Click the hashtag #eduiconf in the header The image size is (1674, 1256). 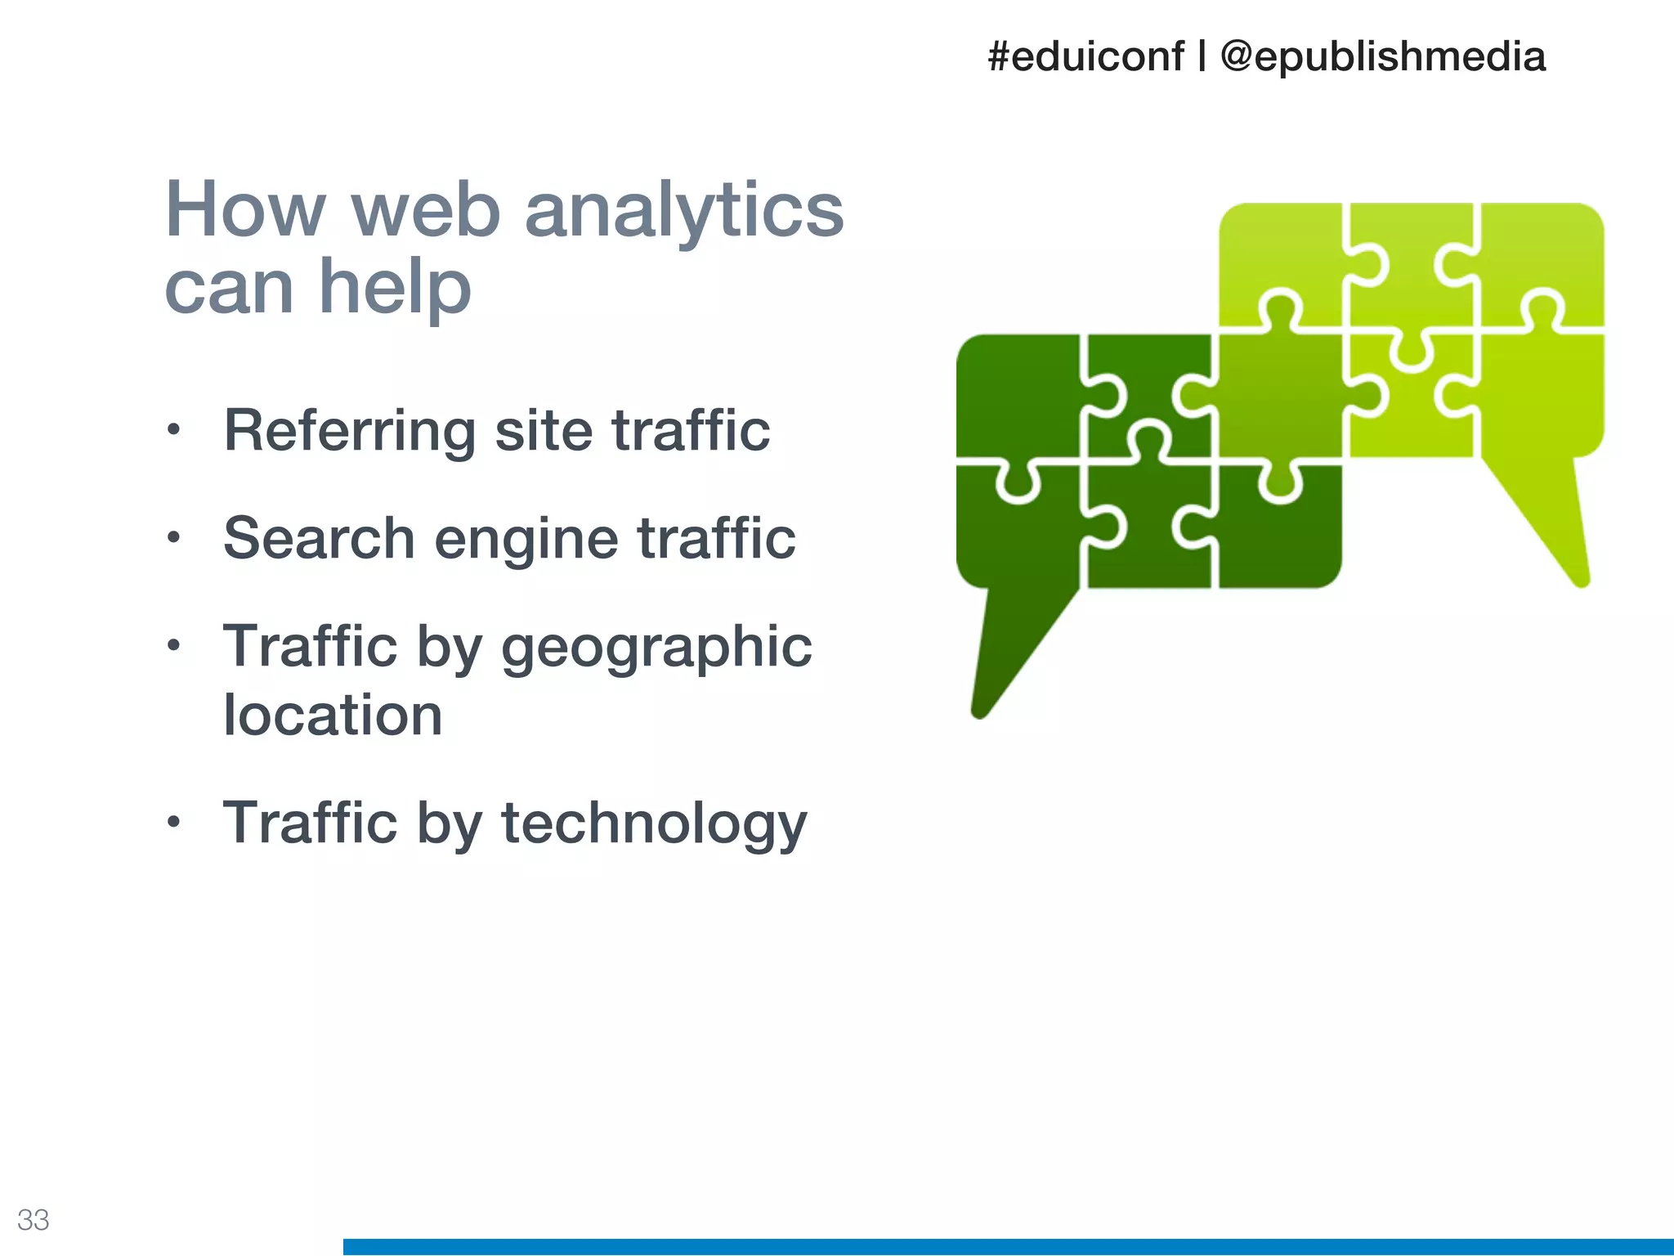pyautogui.click(x=1085, y=57)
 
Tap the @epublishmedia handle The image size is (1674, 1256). pyautogui.click(x=1382, y=57)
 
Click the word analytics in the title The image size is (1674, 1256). pyautogui.click(x=683, y=211)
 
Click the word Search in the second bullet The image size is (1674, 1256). pyautogui.click(x=319, y=539)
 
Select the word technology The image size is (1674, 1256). pyautogui.click(x=654, y=824)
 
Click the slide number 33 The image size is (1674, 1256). pyautogui.click(x=34, y=1220)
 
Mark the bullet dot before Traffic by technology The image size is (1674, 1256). pyautogui.click(x=172, y=822)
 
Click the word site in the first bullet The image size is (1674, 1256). pyautogui.click(x=544, y=431)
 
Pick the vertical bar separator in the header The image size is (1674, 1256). pyautogui.click(x=1202, y=57)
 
